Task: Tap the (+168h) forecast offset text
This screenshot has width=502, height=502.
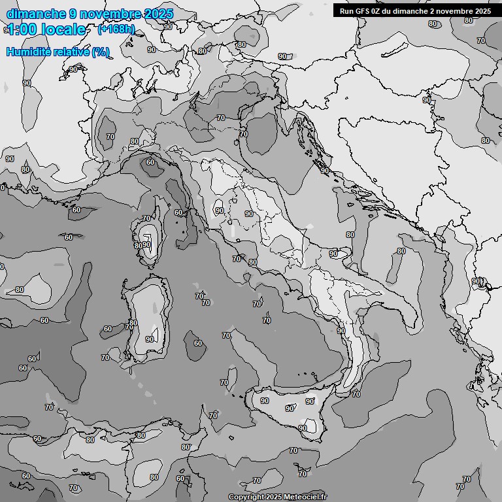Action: pos(116,29)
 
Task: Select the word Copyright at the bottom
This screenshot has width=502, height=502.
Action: pos(246,497)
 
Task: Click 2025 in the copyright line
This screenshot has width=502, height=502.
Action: pos(275,497)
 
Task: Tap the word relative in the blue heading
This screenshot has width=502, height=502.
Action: pos(74,52)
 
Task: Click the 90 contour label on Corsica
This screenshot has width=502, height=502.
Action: pos(147,244)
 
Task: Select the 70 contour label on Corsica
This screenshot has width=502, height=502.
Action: pos(146,218)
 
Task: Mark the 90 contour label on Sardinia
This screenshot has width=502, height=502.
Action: pos(150,339)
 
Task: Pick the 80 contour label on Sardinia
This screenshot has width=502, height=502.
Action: pos(133,323)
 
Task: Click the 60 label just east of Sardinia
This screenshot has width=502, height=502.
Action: pos(197,343)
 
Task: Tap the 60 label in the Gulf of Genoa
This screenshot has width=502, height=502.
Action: pos(150,162)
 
